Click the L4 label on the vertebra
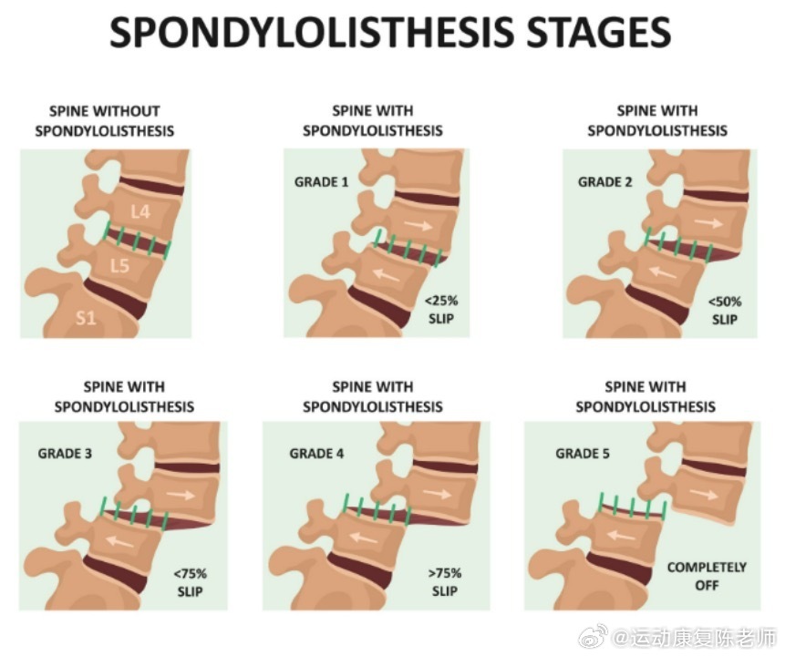tap(139, 212)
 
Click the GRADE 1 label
tap(321, 182)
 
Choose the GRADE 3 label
tap(65, 453)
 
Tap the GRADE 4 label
tap(316, 453)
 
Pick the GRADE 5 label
tap(583, 453)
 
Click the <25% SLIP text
tap(438, 310)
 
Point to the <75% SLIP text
tap(190, 582)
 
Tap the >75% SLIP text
tap(444, 582)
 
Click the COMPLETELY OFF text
tap(707, 576)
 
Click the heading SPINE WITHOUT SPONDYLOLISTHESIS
tap(104, 121)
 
